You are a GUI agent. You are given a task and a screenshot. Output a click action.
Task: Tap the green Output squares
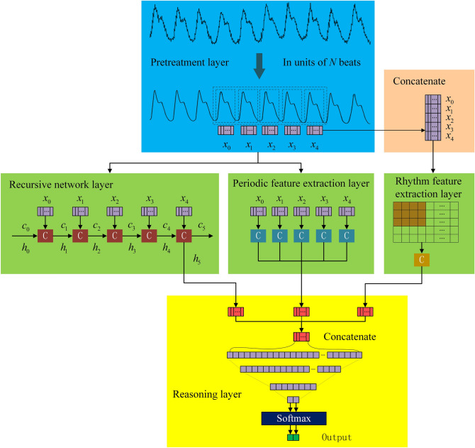(x=294, y=437)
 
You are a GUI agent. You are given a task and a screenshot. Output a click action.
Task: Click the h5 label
(x=196, y=258)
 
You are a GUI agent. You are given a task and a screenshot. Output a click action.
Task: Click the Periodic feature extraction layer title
(x=301, y=184)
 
